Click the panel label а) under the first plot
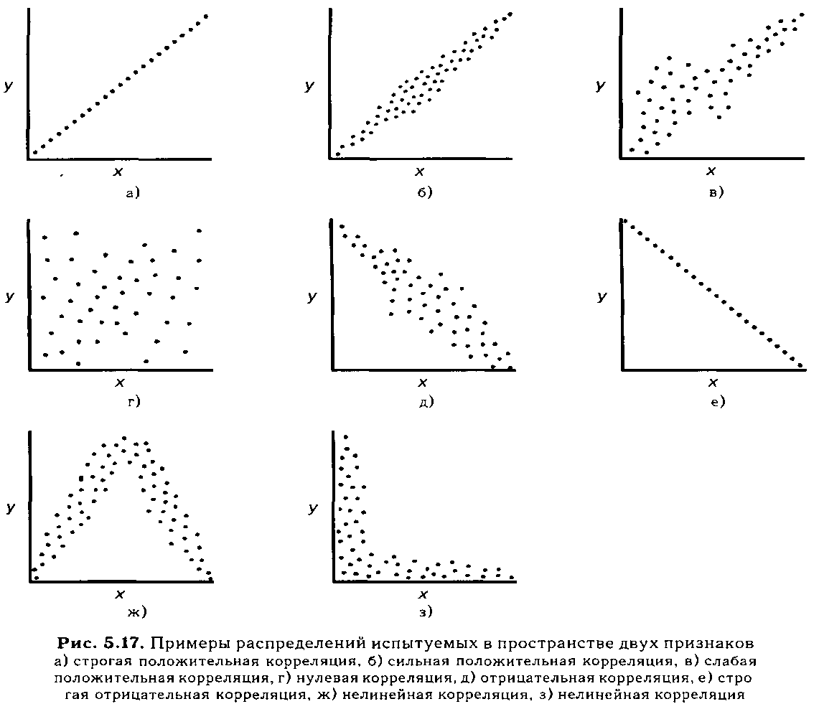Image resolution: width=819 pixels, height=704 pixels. point(134,193)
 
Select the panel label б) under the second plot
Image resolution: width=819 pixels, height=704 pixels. point(425,192)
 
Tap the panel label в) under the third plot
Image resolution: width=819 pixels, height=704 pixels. point(716,192)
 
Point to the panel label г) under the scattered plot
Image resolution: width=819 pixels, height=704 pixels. point(134,401)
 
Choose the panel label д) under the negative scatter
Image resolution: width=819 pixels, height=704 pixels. point(426,401)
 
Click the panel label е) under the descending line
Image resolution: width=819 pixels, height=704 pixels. point(719,401)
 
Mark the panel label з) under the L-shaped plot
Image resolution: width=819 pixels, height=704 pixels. point(426,611)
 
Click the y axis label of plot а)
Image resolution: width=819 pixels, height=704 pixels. point(9,86)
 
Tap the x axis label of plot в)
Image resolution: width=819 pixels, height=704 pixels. point(711,171)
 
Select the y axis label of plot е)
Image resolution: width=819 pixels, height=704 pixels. point(602,297)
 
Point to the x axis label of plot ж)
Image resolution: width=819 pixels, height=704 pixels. point(120,593)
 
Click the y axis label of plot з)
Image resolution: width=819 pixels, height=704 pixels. point(312,508)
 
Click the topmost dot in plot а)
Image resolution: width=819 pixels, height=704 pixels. point(206,17)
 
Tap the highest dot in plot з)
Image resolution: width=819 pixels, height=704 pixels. point(345,436)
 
